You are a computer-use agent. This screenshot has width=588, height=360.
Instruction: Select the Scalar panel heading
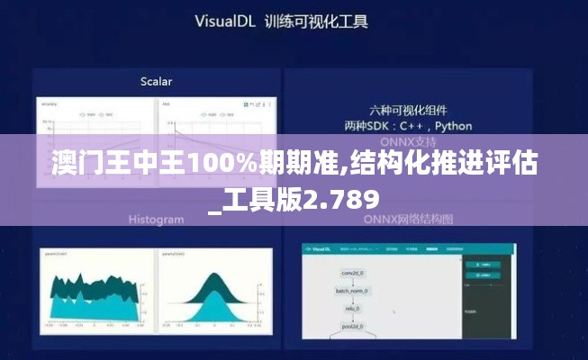click(x=156, y=81)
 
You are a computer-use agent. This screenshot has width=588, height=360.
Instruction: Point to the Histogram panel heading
click(x=156, y=219)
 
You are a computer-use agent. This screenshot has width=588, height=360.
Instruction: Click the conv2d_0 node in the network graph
click(x=350, y=272)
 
